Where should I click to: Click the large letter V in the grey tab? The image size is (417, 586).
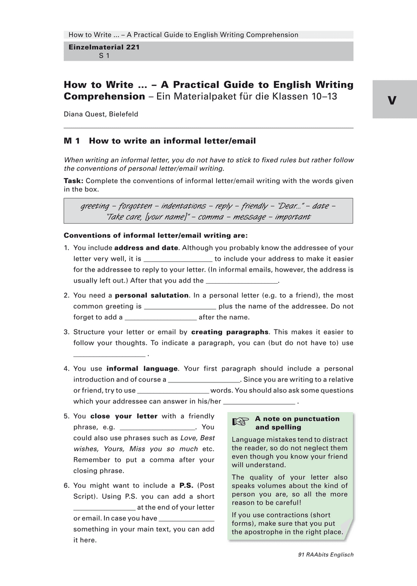tap(392, 101)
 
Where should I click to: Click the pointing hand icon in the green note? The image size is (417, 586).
tap(240, 422)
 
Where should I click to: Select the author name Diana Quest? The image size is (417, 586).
tap(101, 114)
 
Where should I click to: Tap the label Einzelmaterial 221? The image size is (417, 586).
tap(104, 47)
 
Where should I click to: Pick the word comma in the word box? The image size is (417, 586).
tap(218, 217)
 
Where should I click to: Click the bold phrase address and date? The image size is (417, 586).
tap(146, 248)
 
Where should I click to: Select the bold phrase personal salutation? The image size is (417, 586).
tap(152, 295)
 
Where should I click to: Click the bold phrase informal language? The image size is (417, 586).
tap(142, 369)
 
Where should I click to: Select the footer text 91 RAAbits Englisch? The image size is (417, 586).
tap(325, 555)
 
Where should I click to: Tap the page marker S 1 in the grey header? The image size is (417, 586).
tap(104, 56)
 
